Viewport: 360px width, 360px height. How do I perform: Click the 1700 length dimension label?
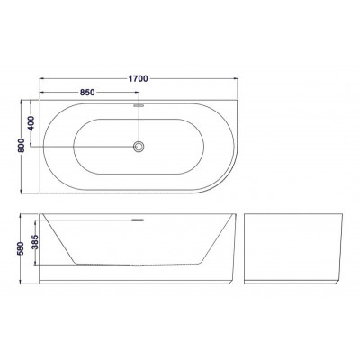point(139,78)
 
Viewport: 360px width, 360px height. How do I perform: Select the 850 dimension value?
point(87,93)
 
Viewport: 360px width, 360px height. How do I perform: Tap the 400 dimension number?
point(31,122)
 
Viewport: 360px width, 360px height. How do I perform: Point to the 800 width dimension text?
point(22,145)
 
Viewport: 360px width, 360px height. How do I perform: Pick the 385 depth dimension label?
point(35,242)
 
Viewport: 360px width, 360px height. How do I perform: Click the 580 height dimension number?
point(21,248)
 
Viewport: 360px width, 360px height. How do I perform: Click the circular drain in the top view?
point(139,147)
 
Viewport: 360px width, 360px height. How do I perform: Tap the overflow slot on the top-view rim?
point(139,105)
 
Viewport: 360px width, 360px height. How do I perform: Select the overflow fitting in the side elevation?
point(138,220)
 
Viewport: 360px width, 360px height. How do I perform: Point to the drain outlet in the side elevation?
point(138,265)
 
